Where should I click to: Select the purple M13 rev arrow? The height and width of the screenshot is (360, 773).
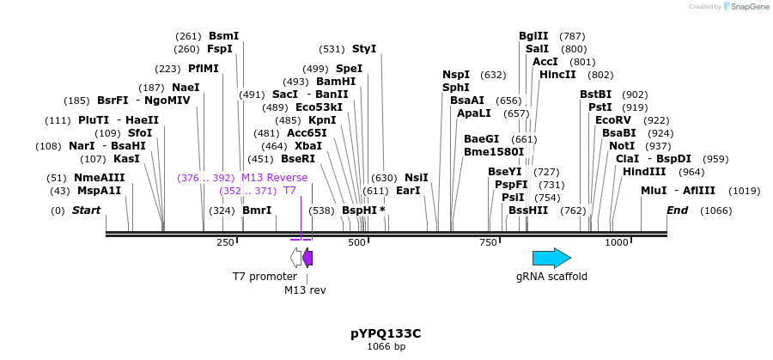tap(307, 258)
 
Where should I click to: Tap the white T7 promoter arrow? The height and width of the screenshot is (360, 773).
tap(296, 258)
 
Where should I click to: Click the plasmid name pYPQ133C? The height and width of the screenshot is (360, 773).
tap(386, 333)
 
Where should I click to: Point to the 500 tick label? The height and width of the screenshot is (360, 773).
tap(357, 243)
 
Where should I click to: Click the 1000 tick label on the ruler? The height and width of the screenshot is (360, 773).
tap(617, 243)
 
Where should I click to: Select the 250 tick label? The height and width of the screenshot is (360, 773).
tap(225, 243)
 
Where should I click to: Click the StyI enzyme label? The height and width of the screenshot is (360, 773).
tap(364, 49)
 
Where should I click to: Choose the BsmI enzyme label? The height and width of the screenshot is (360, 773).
tap(223, 36)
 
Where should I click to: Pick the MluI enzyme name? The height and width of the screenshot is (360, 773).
tap(654, 191)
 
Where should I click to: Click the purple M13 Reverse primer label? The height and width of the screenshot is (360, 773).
tap(274, 178)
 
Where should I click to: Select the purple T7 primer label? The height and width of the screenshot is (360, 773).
tap(289, 191)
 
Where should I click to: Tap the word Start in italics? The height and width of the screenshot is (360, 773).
tap(86, 211)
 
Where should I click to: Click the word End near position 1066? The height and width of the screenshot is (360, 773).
tap(677, 211)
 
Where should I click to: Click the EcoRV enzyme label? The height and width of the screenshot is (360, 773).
tap(613, 120)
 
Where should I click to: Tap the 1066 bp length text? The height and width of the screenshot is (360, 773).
tap(386, 346)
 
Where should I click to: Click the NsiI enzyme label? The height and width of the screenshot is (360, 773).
tap(416, 178)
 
